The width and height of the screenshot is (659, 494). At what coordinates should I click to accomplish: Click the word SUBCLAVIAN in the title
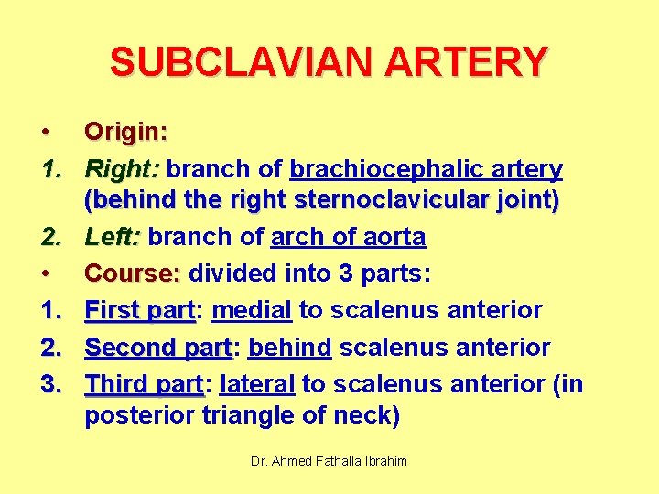point(228,62)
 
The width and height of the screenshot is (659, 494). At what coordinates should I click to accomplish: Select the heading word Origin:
point(126,132)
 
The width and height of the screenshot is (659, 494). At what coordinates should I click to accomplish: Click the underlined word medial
point(252,310)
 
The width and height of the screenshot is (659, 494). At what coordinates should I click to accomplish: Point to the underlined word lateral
point(257,383)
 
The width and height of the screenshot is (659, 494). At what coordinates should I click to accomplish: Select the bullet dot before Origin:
point(45,133)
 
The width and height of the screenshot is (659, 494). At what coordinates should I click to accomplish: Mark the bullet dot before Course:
point(45,274)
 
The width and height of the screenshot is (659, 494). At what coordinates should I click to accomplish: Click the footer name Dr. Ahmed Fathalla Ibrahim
point(329,462)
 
